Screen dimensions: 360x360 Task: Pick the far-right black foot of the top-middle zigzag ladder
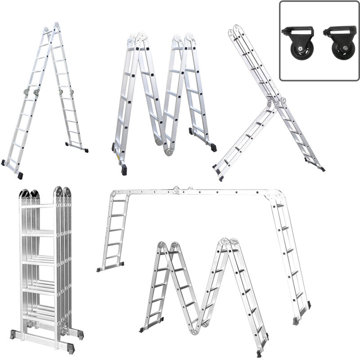coord(213,148)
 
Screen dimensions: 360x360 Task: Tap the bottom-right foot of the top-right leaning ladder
coord(321,169)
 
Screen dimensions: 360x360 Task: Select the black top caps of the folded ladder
coord(30,193)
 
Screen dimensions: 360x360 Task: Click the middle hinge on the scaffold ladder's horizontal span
coord(177,190)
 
